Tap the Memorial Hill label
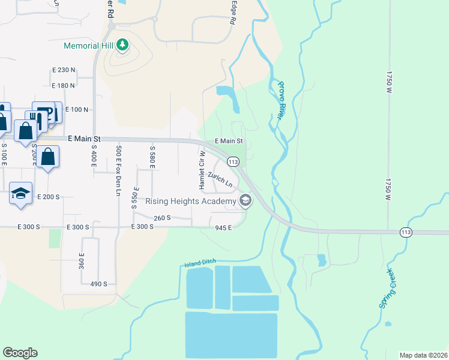point(91,46)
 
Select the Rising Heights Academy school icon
point(244,201)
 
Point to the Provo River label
point(283,99)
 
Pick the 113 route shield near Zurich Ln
point(234,162)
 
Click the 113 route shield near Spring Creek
point(406,232)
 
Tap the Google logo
point(20,353)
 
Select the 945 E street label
point(223,227)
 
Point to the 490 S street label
point(98,284)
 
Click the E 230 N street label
point(64,70)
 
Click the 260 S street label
point(162,218)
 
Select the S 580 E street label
point(152,157)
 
